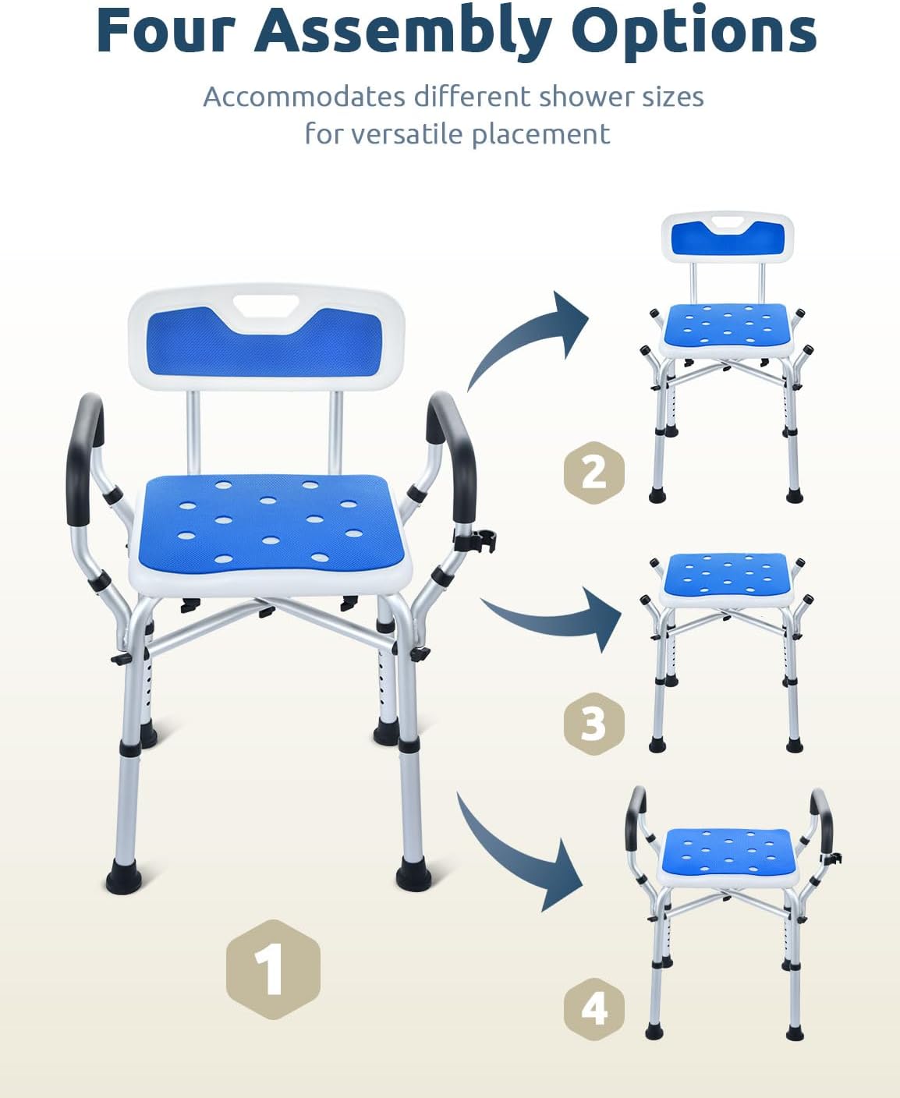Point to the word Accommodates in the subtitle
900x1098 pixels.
tap(304, 97)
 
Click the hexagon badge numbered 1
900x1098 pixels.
tap(273, 969)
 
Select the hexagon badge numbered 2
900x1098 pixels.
tap(594, 473)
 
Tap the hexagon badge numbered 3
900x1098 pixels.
tap(594, 724)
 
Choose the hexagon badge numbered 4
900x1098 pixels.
tap(594, 1010)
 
